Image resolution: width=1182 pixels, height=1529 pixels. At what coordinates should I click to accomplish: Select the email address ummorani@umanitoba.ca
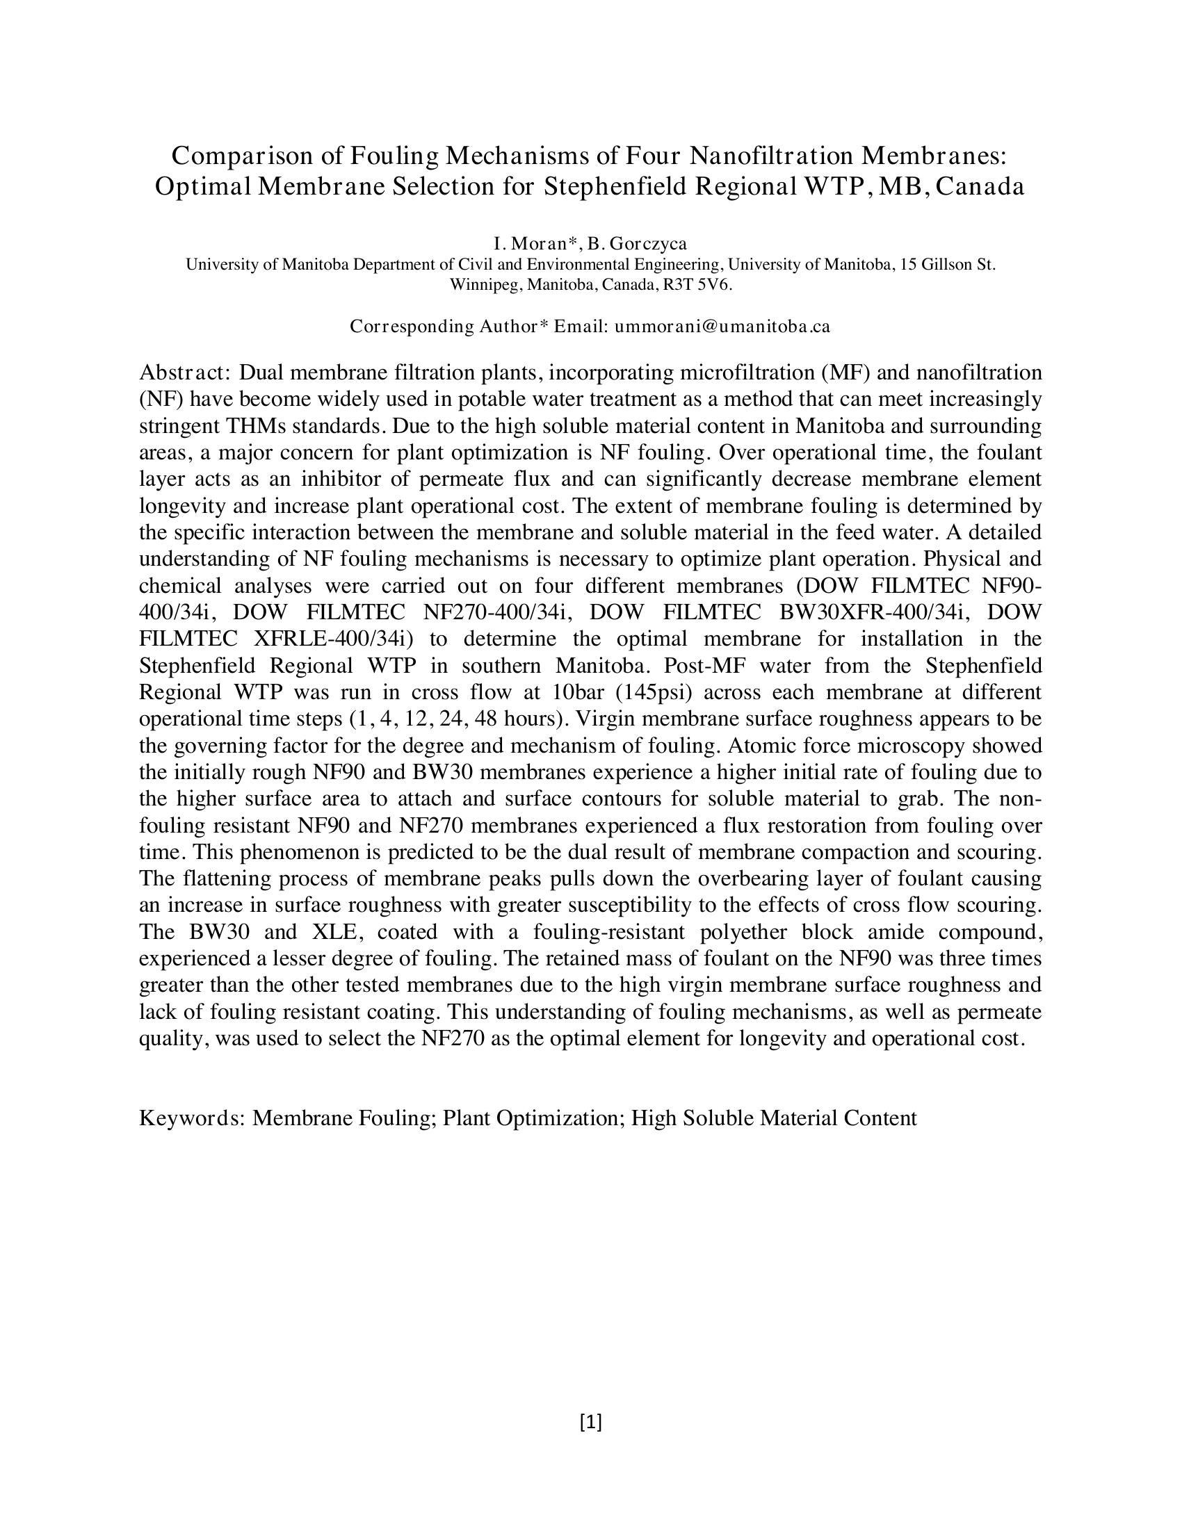pyautogui.click(x=722, y=326)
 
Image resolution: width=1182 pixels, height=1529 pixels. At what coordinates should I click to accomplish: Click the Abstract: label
pyautogui.click(x=185, y=372)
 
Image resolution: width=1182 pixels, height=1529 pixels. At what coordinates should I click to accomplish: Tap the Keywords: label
pyautogui.click(x=192, y=1118)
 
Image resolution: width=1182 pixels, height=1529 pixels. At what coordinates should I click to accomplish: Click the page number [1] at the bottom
pyautogui.click(x=591, y=1422)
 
